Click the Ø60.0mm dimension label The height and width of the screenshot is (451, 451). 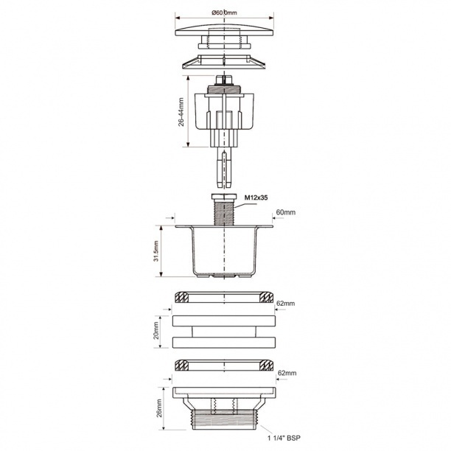coord(224,13)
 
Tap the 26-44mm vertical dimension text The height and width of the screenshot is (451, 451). coord(181,112)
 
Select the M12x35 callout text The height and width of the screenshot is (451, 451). coord(256,197)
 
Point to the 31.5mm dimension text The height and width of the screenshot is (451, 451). coord(156,251)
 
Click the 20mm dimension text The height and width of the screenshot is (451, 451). coord(156,330)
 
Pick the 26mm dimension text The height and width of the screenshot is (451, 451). coord(159,408)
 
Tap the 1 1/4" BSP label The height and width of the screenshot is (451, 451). coord(284,438)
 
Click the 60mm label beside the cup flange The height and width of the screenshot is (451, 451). coord(286,212)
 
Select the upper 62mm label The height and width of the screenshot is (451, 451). coord(285,303)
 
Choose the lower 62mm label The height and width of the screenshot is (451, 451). coord(287,373)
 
